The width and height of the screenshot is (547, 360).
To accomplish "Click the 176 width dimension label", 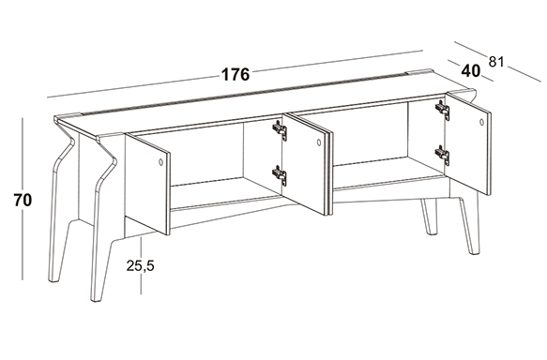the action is point(236,74).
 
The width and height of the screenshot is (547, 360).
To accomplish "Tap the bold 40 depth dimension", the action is point(471,70).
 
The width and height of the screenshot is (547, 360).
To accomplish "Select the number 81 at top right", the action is point(496,62).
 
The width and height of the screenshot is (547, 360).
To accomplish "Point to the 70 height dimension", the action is point(23,200).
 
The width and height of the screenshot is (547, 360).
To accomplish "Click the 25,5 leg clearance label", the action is point(140,266).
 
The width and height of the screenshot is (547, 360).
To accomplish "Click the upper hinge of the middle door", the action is point(280,130).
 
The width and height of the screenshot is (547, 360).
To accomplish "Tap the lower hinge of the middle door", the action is point(280,175).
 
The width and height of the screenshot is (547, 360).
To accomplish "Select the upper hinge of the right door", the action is point(442,110).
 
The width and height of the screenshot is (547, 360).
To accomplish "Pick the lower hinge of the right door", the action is point(442,155).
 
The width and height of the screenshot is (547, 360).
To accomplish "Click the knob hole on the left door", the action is point(160,161).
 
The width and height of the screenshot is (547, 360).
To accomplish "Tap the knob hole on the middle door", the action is point(318,142).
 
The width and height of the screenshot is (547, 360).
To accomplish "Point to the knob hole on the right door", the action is point(481,122).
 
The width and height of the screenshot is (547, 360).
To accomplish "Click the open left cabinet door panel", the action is point(147,184).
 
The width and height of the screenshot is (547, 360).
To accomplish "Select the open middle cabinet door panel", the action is point(307,164).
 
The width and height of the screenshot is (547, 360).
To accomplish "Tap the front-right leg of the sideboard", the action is point(469,225).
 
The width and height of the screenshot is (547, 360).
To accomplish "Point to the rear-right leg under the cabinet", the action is point(429,217).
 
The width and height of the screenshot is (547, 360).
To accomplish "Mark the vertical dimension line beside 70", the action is point(23,199).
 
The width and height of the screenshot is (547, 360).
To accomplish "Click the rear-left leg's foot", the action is point(54,277).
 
